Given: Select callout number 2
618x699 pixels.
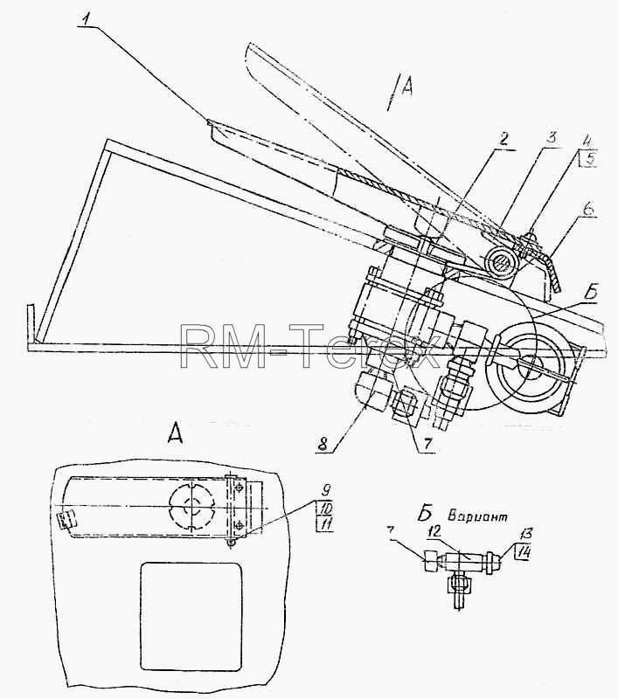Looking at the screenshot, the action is pyautogui.click(x=503, y=139).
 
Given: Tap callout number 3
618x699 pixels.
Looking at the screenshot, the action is pyautogui.click(x=552, y=137).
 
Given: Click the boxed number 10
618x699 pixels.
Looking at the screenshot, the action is pyautogui.click(x=324, y=508).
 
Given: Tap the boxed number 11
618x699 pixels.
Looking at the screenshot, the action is pyautogui.click(x=325, y=523).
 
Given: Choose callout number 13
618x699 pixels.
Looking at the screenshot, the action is pyautogui.click(x=529, y=534).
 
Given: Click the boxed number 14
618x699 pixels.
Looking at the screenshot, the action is pyautogui.click(x=523, y=553).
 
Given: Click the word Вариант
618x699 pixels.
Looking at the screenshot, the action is pyautogui.click(x=477, y=517).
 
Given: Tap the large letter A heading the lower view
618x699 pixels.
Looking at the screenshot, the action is pyautogui.click(x=175, y=432).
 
